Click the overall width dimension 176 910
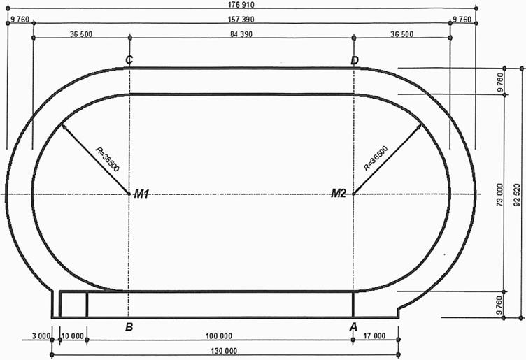241,5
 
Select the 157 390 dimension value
241,20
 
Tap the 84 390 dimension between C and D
241,34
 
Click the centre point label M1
141,194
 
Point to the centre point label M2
339,193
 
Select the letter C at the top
129,60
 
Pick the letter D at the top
354,61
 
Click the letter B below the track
129,327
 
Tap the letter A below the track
353,327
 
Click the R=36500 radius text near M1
107,159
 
